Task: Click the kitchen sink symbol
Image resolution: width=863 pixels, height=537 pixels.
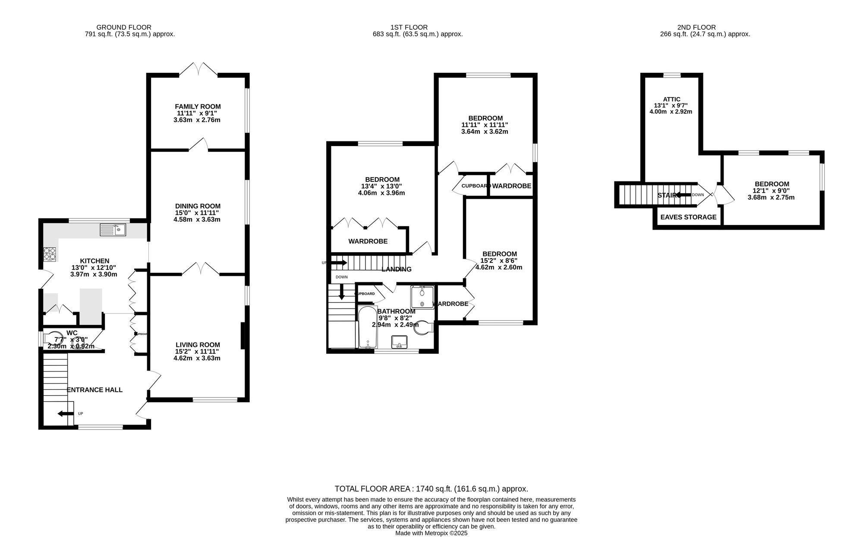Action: (113, 230)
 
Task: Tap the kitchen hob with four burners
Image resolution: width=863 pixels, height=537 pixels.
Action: (50, 254)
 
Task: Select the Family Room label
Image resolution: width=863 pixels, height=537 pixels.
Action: (198, 106)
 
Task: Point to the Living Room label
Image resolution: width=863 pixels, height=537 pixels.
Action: (198, 345)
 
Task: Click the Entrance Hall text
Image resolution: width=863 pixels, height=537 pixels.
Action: (94, 390)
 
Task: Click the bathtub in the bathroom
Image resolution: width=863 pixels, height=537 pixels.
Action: (368, 327)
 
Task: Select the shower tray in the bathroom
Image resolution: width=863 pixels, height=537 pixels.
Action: (422, 297)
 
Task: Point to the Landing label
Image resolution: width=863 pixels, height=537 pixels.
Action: (397, 269)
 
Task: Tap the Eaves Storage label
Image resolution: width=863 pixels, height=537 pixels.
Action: (688, 217)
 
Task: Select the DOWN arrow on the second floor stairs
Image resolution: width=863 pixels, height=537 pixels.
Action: (682, 195)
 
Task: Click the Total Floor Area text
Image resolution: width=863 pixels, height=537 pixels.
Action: (431, 489)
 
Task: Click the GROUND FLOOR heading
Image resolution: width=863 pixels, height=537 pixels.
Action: (124, 27)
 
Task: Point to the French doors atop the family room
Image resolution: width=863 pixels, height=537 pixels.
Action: (198, 69)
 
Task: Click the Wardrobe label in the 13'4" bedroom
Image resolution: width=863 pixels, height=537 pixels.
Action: (368, 241)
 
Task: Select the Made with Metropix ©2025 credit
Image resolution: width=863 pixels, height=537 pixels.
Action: (431, 533)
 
